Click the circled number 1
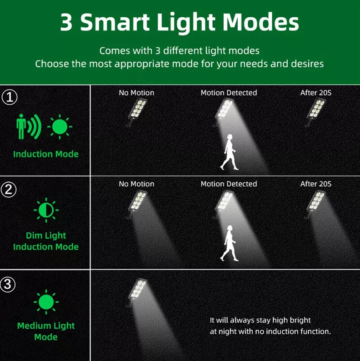click(x=10, y=97)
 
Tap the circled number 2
click(x=9, y=190)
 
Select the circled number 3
click(x=8, y=284)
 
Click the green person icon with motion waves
click(x=29, y=127)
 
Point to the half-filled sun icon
click(x=46, y=210)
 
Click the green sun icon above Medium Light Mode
click(x=46, y=302)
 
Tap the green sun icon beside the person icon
click(x=60, y=127)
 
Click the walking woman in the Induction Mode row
click(x=229, y=152)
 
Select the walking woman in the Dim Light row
click(x=229, y=243)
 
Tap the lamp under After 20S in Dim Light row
click(x=316, y=203)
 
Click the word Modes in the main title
click(x=261, y=22)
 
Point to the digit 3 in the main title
click(x=66, y=22)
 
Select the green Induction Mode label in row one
click(x=46, y=154)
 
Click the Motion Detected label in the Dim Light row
click(x=229, y=184)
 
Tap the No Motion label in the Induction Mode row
click(x=136, y=93)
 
